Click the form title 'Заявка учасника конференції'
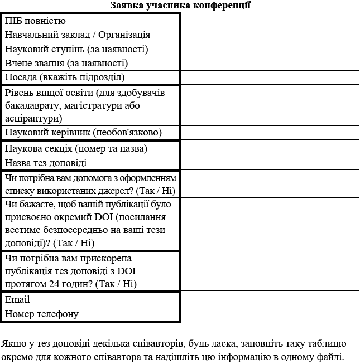coord(180,6)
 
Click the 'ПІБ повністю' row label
coord(36,21)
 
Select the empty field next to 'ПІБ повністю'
coord(270,21)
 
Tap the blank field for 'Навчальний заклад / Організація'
coord(270,35)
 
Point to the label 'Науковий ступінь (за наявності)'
coord(76,49)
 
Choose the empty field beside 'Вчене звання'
coord(270,63)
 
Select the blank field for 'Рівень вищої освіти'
coord(270,105)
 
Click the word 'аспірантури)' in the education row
coord(33,118)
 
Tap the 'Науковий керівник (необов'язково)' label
coord(83,133)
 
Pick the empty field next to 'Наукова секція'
coord(270,149)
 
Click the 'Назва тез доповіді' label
coord(46,163)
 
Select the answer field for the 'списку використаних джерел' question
coord(270,184)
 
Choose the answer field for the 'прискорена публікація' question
coord(270,271)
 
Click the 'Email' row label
coord(17,300)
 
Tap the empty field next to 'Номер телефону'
coord(270,314)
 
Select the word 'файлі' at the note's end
coord(332,357)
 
